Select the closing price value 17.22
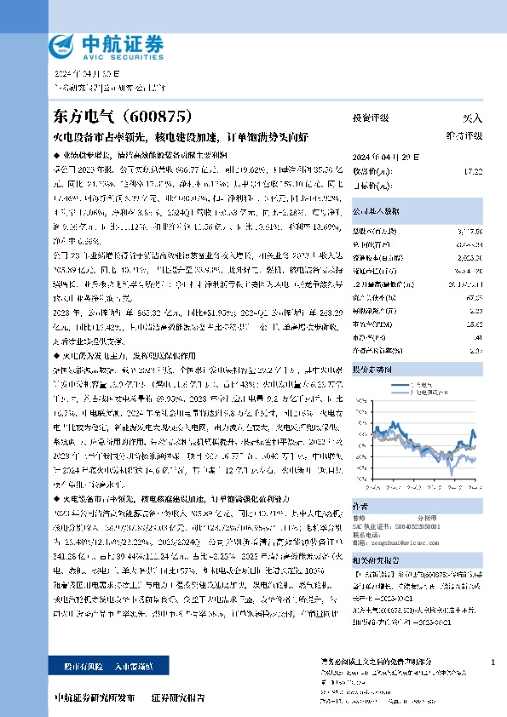pyautogui.click(x=473, y=171)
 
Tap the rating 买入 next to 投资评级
pyautogui.click(x=472, y=118)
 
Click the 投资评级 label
pyautogui.click(x=371, y=118)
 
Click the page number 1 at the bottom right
pyautogui.click(x=493, y=661)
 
